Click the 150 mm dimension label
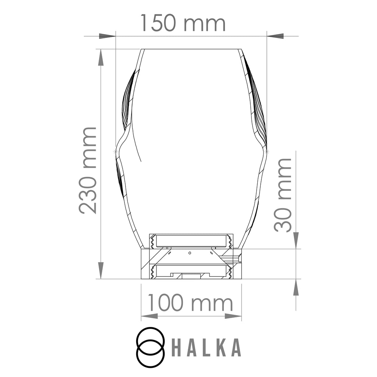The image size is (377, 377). click(x=183, y=23)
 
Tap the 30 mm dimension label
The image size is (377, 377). click(x=283, y=195)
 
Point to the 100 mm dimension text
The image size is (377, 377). click(x=190, y=303)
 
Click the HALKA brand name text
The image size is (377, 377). click(x=206, y=347)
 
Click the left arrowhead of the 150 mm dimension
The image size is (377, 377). click(x=107, y=36)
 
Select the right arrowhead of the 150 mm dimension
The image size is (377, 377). click(x=275, y=36)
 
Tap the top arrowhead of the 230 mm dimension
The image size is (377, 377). click(x=101, y=57)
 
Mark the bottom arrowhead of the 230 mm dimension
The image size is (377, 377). click(x=101, y=271)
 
